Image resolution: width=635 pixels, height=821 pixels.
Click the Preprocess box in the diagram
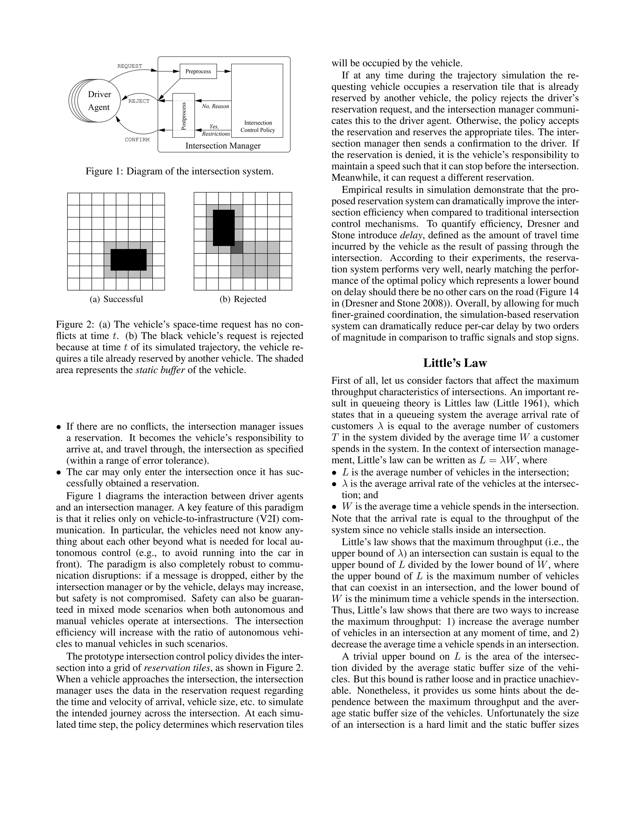198,72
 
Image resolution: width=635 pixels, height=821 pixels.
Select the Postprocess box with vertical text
184,116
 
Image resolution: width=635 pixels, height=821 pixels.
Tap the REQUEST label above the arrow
130,66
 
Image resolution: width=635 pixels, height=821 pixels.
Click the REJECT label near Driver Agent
139,101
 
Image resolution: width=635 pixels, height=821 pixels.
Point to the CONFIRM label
137,139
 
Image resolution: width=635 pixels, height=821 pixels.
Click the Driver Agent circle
99,101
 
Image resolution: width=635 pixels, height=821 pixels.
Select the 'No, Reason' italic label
215,106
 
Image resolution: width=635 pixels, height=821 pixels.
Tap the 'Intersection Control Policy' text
258,126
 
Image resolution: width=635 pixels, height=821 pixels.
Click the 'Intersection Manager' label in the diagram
223,146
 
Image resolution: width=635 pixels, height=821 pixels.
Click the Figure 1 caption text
180,171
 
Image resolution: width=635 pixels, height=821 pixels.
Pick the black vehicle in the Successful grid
128,260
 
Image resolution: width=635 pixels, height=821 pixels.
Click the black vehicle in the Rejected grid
224,228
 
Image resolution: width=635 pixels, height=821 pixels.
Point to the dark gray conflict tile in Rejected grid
237,247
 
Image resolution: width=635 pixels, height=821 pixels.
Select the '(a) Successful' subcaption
116,299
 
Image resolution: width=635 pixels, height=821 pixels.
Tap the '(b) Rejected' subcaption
243,299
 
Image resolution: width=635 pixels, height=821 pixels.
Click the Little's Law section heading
455,363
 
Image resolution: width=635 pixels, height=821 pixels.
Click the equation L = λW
499,460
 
